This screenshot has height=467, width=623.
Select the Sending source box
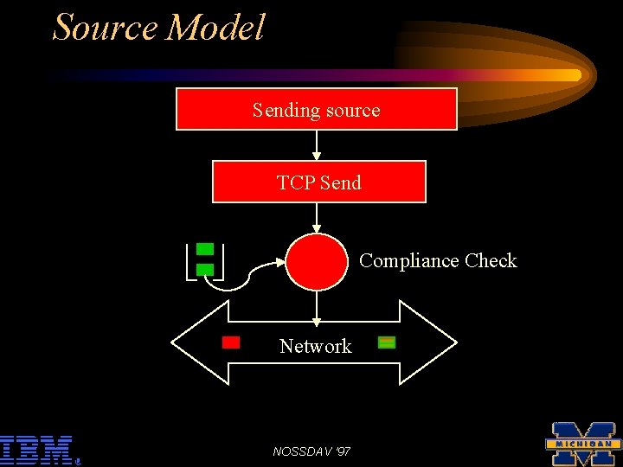pyautogui.click(x=317, y=110)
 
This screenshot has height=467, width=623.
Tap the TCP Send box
pyautogui.click(x=318, y=182)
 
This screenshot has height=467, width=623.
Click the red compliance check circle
pyautogui.click(x=317, y=260)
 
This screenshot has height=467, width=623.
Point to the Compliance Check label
pyautogui.click(x=438, y=260)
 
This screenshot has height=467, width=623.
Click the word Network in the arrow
pyautogui.click(x=315, y=346)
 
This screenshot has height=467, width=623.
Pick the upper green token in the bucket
pyautogui.click(x=205, y=249)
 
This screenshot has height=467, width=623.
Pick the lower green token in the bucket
pyautogui.click(x=205, y=270)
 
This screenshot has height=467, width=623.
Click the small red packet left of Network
pyautogui.click(x=231, y=342)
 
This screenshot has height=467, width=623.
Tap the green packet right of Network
pyautogui.click(x=387, y=342)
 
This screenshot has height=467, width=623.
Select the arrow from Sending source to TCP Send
pyautogui.click(x=317, y=145)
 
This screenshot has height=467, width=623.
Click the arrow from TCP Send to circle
pyautogui.click(x=317, y=218)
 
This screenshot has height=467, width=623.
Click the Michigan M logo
pyautogui.click(x=583, y=444)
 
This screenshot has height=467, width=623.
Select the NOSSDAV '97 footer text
pyautogui.click(x=311, y=451)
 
